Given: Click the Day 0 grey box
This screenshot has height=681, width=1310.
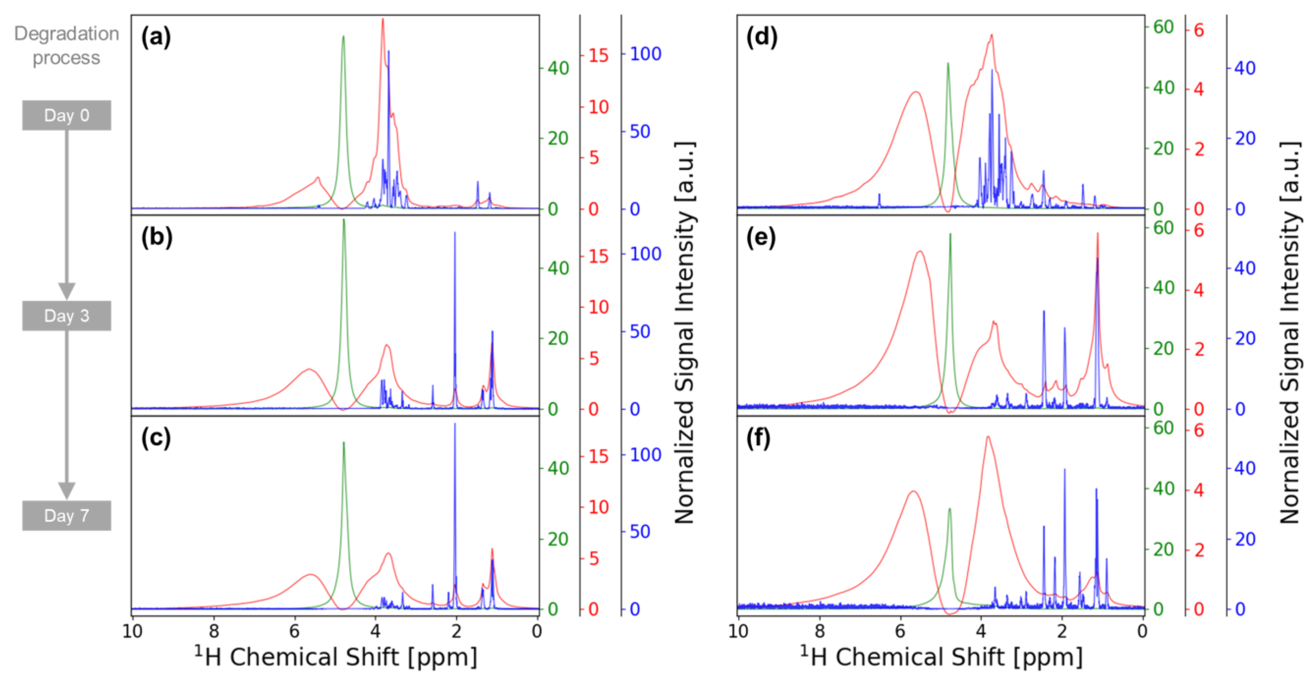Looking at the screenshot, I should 67,115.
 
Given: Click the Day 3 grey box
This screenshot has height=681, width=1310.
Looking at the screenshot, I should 67,316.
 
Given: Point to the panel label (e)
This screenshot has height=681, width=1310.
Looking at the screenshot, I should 761,238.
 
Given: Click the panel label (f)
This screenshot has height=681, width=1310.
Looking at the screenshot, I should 758,438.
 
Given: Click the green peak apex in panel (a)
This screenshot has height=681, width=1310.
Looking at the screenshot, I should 343,37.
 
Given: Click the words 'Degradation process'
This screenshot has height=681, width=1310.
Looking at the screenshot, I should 67,46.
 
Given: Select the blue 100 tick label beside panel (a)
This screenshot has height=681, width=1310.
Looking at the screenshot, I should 645,54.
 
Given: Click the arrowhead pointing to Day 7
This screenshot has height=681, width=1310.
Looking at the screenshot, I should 67,490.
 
